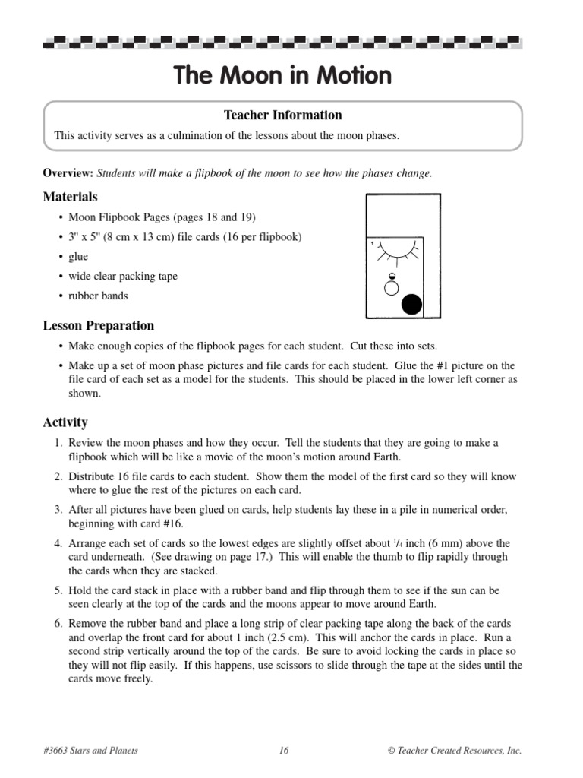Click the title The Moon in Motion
point(282,76)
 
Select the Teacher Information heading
point(282,115)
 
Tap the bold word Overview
point(68,173)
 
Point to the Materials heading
point(70,197)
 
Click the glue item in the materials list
point(78,257)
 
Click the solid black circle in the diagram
point(411,304)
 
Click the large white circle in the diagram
point(392,288)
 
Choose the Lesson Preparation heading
point(98,326)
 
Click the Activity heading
point(65,422)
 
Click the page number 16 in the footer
point(284,751)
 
